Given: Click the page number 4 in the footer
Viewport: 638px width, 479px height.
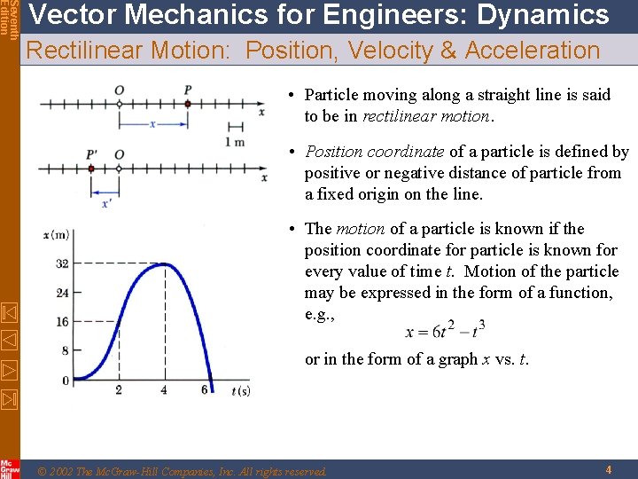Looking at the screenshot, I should tap(609, 470).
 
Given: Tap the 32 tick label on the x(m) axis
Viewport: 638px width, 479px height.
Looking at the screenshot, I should tap(61, 263).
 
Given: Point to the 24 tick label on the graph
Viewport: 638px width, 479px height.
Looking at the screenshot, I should tap(61, 293).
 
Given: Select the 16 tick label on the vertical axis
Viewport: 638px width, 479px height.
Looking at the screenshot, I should tap(61, 322).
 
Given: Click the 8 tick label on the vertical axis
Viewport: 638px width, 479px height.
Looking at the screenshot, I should tap(65, 351).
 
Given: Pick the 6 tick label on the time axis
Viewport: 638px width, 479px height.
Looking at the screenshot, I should tap(206, 390).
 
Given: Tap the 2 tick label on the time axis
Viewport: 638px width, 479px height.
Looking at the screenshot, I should tap(119, 390).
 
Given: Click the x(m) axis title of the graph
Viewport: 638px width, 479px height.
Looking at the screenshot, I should tap(56, 234).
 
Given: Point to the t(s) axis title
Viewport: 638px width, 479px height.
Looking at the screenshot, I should tap(240, 391).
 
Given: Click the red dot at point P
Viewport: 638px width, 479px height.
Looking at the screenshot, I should tap(187, 104).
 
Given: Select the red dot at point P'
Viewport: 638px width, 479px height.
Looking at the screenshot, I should tap(91, 168).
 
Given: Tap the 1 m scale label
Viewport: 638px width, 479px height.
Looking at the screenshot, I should tap(235, 142).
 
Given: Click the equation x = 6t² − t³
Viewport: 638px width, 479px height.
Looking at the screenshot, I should tap(445, 330).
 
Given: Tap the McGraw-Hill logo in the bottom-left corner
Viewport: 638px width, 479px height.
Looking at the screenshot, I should tap(10, 468).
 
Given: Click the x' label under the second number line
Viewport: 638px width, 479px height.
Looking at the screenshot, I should tap(106, 203).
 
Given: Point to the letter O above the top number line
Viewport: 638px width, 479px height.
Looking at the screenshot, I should tap(119, 90).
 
